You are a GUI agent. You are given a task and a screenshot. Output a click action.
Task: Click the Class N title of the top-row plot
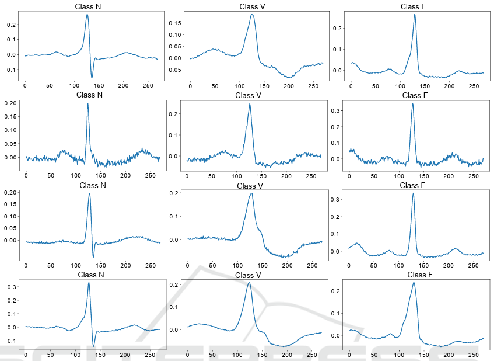coord(91,6)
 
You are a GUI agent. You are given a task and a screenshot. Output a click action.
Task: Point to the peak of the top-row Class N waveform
coord(87,15)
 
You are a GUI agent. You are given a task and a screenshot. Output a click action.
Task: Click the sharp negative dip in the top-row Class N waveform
coord(92,77)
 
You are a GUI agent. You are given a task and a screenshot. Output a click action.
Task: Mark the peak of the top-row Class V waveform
coord(252,15)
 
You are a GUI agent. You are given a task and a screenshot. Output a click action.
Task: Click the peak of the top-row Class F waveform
coord(415,15)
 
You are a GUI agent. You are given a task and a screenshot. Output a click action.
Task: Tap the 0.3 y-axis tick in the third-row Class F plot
coord(337,200)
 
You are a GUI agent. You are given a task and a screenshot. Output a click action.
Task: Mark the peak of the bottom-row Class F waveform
coord(414,283)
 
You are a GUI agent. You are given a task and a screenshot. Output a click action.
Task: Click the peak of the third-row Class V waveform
coord(251,193)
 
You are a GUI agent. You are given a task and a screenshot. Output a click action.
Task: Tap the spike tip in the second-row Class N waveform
coord(87,103)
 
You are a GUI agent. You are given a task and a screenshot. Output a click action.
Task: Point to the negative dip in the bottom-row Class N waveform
coord(93,346)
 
